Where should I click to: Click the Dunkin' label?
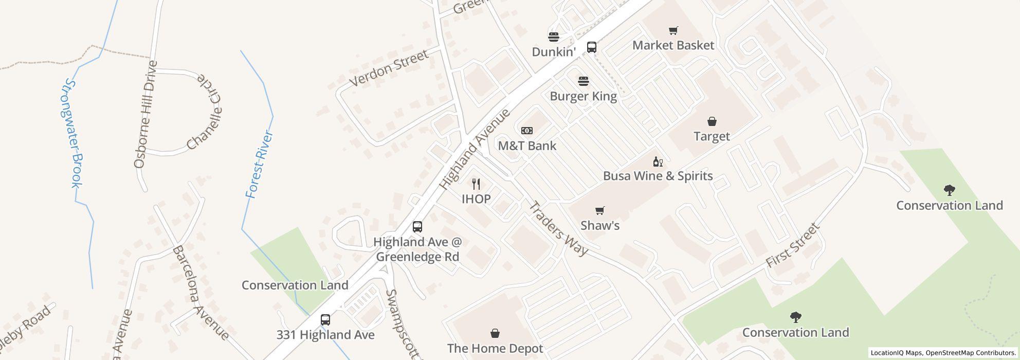(553, 52)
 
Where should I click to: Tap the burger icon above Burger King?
(583, 81)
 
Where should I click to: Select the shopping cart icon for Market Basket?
(672, 31)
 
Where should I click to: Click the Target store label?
(712, 136)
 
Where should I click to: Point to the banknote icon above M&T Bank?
(527, 131)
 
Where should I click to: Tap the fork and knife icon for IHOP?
(476, 184)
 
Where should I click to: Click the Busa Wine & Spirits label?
(658, 176)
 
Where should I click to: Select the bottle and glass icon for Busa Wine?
(658, 162)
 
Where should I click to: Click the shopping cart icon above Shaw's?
(599, 211)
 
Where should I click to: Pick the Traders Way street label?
(558, 229)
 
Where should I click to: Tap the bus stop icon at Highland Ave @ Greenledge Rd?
(417, 227)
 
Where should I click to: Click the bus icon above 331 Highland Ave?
(325, 320)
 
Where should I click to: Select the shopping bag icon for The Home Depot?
(495, 334)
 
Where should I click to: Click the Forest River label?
(259, 165)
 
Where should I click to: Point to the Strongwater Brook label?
(72, 134)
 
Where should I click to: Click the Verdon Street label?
(389, 68)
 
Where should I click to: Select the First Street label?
(792, 245)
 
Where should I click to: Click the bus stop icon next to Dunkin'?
(592, 47)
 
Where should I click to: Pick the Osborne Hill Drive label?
(146, 114)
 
